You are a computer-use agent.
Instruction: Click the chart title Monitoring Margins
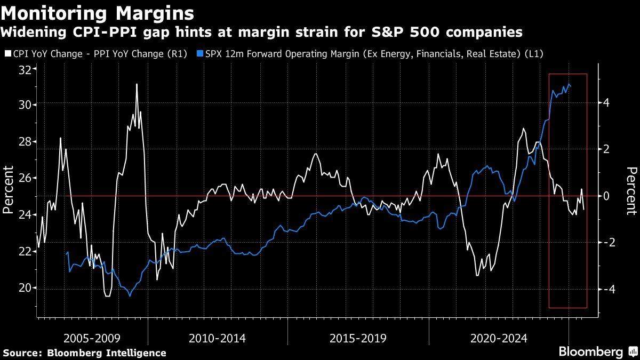click(98, 12)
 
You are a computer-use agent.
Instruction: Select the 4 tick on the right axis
click(606, 103)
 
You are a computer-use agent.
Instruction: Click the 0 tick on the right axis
click(606, 196)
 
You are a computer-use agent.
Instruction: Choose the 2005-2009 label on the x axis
click(92, 338)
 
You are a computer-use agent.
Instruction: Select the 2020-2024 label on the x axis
click(499, 338)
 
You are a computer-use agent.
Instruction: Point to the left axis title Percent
click(8, 189)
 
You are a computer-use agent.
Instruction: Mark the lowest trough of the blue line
click(130, 296)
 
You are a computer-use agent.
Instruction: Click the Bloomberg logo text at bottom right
click(590, 352)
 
